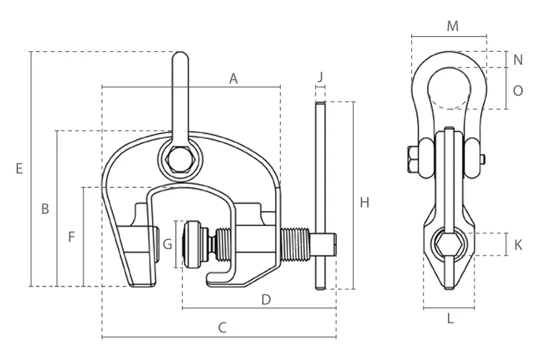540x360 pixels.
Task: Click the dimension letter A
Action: coord(233,78)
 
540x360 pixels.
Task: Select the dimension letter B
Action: coord(45,209)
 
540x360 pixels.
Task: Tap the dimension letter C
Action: coord(222,328)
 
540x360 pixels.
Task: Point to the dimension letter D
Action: coord(265,299)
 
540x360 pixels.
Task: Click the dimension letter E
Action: coord(19,168)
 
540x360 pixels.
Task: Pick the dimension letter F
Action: coord(71,236)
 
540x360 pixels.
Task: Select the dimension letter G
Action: coord(167,243)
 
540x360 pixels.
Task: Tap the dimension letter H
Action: coord(364,202)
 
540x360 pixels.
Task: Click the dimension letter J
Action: coord(320,76)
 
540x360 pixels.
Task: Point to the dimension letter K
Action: coord(518,245)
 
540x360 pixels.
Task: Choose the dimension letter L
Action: coord(450,319)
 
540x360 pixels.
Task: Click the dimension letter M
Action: coord(452,27)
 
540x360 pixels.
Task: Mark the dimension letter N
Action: coord(518,59)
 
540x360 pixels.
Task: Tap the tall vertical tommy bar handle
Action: coord(320,194)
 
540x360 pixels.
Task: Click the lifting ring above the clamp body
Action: coord(179,94)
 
